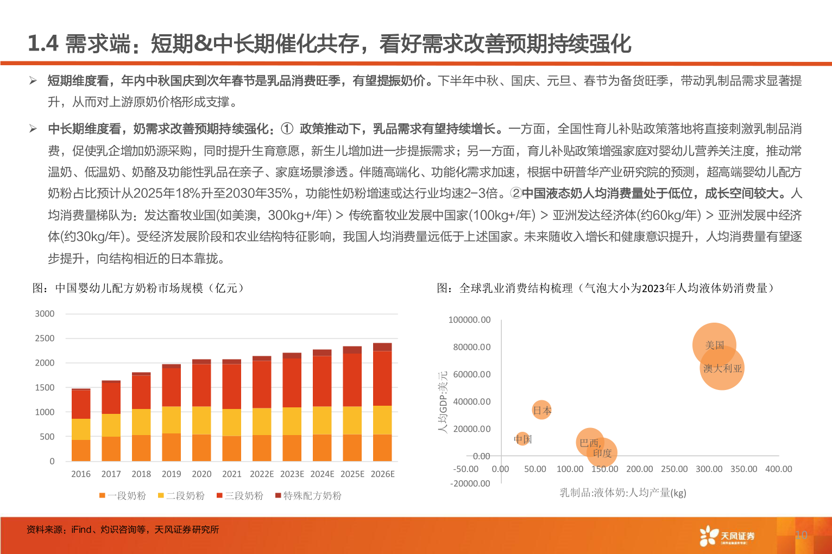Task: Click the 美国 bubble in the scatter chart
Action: [x=714, y=345]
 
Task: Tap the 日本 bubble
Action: [x=541, y=411]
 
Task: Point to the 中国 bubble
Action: [x=523, y=438]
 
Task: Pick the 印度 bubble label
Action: [x=602, y=453]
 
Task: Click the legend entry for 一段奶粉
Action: [x=123, y=495]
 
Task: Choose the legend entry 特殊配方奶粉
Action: [x=308, y=495]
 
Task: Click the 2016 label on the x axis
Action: [x=81, y=474]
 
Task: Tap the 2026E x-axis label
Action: [x=382, y=474]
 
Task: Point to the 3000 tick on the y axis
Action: [x=45, y=314]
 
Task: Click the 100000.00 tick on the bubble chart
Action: [x=469, y=320]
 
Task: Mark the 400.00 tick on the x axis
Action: [x=778, y=469]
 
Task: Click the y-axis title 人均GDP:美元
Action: [x=443, y=402]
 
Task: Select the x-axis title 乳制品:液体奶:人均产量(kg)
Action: [x=623, y=493]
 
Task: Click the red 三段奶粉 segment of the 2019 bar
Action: [x=172, y=387]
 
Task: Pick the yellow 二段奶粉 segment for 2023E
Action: [x=292, y=421]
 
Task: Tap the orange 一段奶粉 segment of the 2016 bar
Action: [x=81, y=450]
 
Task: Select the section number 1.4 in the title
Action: [x=43, y=44]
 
